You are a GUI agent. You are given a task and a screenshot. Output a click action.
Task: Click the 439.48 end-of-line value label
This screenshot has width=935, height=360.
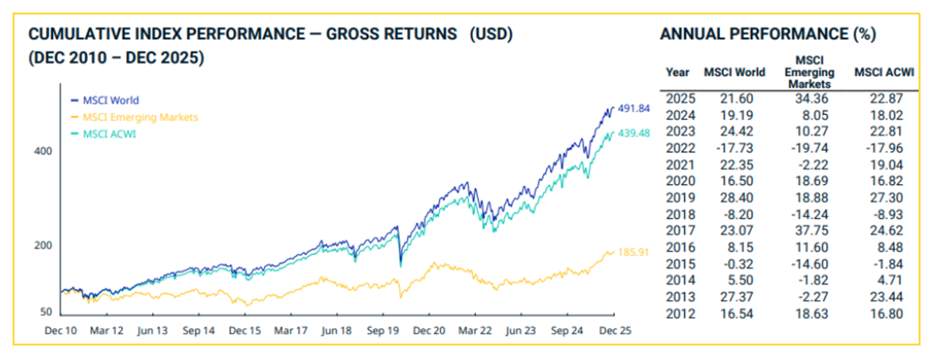pyautogui.click(x=634, y=132)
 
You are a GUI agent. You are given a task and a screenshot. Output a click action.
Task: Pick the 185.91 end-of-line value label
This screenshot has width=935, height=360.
pyautogui.click(x=633, y=252)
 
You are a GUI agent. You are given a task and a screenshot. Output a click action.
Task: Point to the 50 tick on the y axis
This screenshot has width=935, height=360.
pyautogui.click(x=44, y=312)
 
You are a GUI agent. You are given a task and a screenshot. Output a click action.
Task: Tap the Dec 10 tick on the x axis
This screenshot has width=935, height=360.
pyautogui.click(x=61, y=330)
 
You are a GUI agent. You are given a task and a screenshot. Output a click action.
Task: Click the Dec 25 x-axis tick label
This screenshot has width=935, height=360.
pyautogui.click(x=615, y=330)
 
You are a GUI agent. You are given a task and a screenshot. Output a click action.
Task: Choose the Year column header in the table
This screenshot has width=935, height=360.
pyautogui.click(x=678, y=73)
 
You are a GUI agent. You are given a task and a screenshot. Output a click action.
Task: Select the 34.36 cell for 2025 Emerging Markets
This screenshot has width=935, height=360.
pyautogui.click(x=811, y=99)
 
